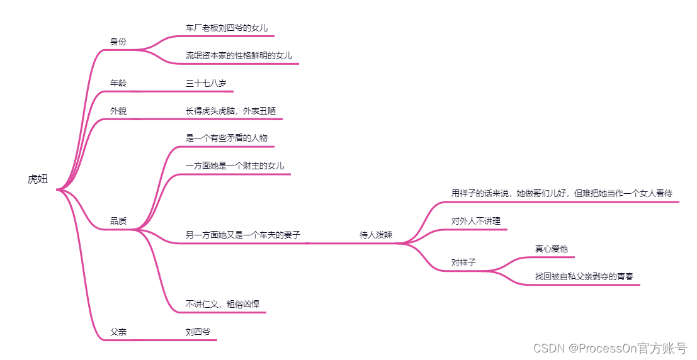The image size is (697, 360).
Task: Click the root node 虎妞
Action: coord(37,179)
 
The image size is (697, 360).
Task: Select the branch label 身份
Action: coord(118,42)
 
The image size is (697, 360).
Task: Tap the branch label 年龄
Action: coord(118,83)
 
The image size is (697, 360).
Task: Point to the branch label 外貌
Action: coord(118,111)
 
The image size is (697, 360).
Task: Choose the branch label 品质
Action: coord(118,221)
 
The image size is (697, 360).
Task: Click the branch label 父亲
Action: coord(118,332)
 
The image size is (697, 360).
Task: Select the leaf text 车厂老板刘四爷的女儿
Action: coord(227,28)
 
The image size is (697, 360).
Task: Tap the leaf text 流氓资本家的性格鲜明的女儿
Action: coord(239,56)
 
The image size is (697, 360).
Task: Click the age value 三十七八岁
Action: coord(206,83)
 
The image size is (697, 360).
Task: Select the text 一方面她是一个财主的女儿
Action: coord(235,166)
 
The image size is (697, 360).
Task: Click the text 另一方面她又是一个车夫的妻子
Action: coord(243,235)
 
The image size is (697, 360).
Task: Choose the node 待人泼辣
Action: coord(376,235)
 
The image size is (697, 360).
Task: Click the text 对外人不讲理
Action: coord(475,221)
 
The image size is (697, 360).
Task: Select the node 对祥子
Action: coord(463,262)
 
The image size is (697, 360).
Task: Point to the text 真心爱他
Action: coord(551,249)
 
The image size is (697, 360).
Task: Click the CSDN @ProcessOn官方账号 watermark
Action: coord(609,347)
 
